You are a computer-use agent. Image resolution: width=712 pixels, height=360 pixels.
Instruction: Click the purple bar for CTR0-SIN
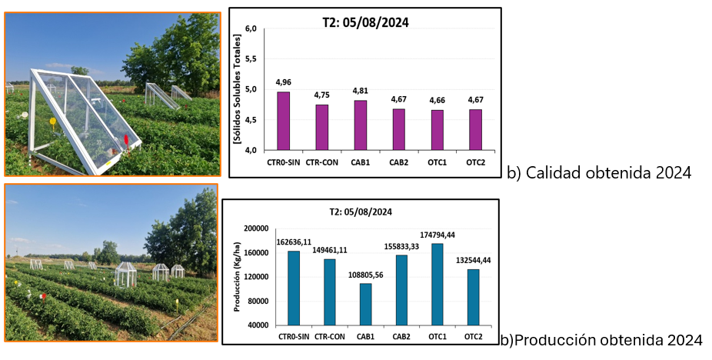pos(283,121)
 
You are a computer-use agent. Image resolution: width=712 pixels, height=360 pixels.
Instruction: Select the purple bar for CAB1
pos(361,125)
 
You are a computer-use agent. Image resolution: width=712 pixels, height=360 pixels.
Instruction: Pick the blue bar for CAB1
pos(364,304)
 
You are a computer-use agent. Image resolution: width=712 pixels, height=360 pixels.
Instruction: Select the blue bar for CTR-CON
pos(330,292)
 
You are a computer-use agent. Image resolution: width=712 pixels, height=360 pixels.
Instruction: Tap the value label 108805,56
pos(364,274)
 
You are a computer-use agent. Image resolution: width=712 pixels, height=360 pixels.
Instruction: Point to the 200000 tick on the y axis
pos(255,229)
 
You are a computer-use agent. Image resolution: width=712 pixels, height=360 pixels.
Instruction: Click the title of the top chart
pos(365,22)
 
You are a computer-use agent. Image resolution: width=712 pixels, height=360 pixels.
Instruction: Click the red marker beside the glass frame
pos(126,139)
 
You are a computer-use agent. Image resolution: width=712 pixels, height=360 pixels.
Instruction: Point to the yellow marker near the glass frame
pos(53,122)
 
